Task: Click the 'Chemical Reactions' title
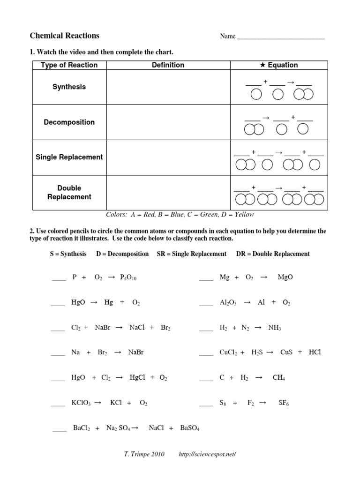pyautogui.click(x=65, y=36)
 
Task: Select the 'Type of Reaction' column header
pyautogui.click(x=69, y=65)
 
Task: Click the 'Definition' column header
pyautogui.click(x=168, y=65)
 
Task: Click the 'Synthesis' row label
pyautogui.click(x=69, y=87)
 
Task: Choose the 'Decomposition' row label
pyautogui.click(x=69, y=122)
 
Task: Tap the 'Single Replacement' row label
pyautogui.click(x=69, y=157)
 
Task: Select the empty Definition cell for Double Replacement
pyautogui.click(x=168, y=192)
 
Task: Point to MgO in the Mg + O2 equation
pyautogui.click(x=285, y=277)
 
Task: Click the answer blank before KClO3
pyautogui.click(x=58, y=403)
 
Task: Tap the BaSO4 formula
pyautogui.click(x=190, y=428)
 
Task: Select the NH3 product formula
pyautogui.click(x=274, y=328)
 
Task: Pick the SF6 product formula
pyautogui.click(x=283, y=403)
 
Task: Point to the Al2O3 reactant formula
pyautogui.click(x=228, y=303)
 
